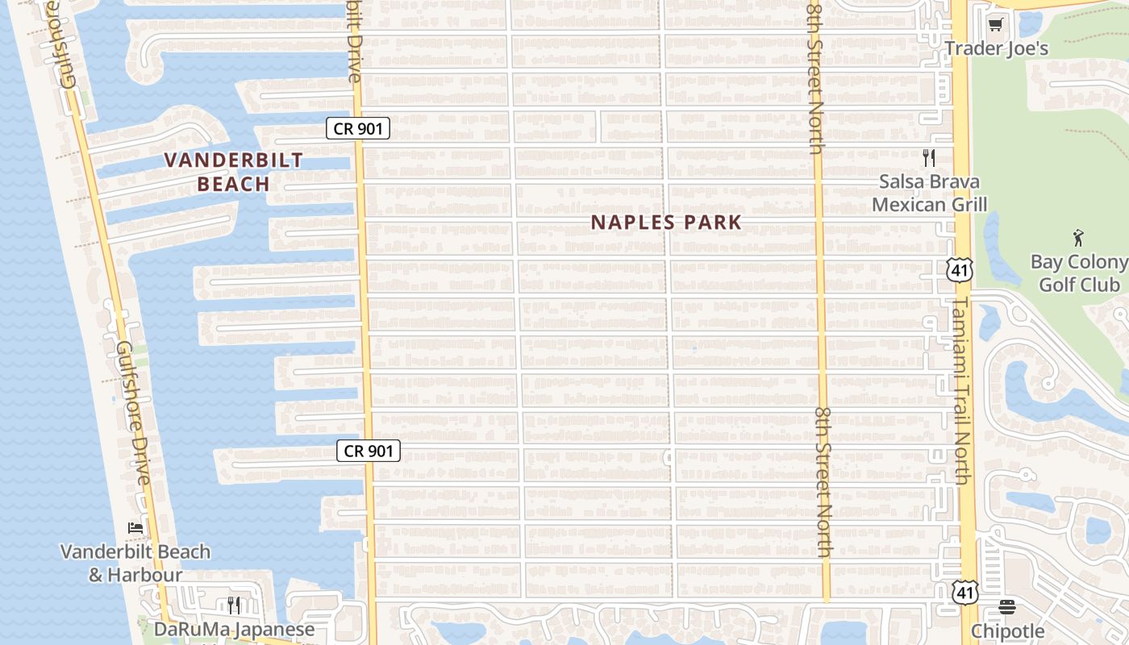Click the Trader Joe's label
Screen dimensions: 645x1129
(x=997, y=48)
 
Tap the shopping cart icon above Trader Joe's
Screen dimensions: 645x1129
(x=995, y=25)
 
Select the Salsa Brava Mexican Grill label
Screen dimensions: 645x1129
(x=929, y=193)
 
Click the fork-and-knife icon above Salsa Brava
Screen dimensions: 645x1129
(x=929, y=158)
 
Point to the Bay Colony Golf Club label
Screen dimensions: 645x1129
(x=1079, y=273)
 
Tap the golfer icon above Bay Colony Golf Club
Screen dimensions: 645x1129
(x=1079, y=238)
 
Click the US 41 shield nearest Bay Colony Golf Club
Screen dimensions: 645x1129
(x=959, y=270)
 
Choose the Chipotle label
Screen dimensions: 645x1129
(x=1007, y=630)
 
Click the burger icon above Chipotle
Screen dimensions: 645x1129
(x=1007, y=606)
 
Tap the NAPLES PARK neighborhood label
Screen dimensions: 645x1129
(x=666, y=223)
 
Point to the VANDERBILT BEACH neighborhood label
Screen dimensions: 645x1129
(x=234, y=172)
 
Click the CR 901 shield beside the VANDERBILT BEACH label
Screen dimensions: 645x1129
(x=358, y=127)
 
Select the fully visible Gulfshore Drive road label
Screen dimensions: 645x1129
(x=133, y=413)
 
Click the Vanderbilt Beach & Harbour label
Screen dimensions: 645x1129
(x=135, y=564)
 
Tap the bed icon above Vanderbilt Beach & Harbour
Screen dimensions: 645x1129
(x=135, y=528)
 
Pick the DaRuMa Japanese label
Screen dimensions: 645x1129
(x=234, y=629)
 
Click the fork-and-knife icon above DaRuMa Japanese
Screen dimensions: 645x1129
(x=234, y=604)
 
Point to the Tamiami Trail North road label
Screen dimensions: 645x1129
(x=961, y=391)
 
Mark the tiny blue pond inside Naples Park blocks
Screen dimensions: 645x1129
(x=694, y=348)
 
